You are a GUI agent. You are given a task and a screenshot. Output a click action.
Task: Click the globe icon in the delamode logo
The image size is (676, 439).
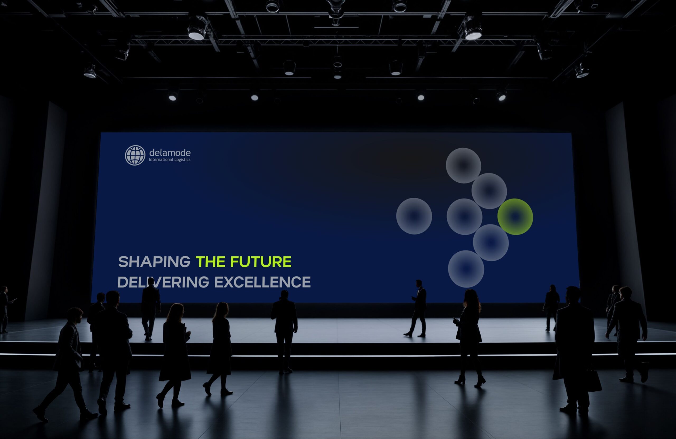135,155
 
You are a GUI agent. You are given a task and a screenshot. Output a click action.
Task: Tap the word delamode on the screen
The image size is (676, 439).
170,153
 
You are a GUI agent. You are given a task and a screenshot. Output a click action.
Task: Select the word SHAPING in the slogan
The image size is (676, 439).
154,262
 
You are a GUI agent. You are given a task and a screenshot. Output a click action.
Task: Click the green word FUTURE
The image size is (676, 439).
261,262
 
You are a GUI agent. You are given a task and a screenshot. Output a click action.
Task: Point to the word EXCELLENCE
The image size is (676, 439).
262,282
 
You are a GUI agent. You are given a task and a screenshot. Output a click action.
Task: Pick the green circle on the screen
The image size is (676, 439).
515,217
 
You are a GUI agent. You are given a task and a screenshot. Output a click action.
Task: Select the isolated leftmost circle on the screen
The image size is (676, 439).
414,216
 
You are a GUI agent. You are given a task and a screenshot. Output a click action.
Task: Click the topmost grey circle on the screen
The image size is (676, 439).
463,166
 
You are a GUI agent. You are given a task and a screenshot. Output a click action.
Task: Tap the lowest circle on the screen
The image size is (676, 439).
466,269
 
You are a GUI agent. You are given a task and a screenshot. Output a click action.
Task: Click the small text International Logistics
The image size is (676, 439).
170,160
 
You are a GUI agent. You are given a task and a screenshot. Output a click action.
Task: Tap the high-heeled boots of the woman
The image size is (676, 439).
470,381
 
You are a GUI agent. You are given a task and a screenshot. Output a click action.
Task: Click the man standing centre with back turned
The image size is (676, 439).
284,331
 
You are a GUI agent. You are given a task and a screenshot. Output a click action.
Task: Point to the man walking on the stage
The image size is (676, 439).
416,308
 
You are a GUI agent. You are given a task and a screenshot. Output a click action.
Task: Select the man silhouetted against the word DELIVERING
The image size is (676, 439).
151,309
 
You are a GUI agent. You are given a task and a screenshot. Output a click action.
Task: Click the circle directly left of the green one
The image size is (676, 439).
464,217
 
